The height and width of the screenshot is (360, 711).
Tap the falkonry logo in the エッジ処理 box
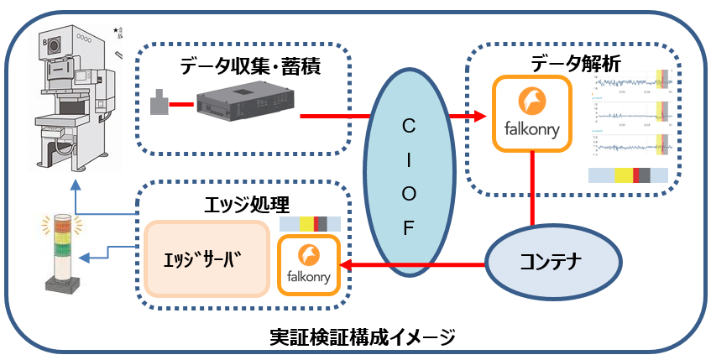click(x=309, y=264)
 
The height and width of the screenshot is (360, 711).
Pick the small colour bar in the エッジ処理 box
click(x=309, y=225)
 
